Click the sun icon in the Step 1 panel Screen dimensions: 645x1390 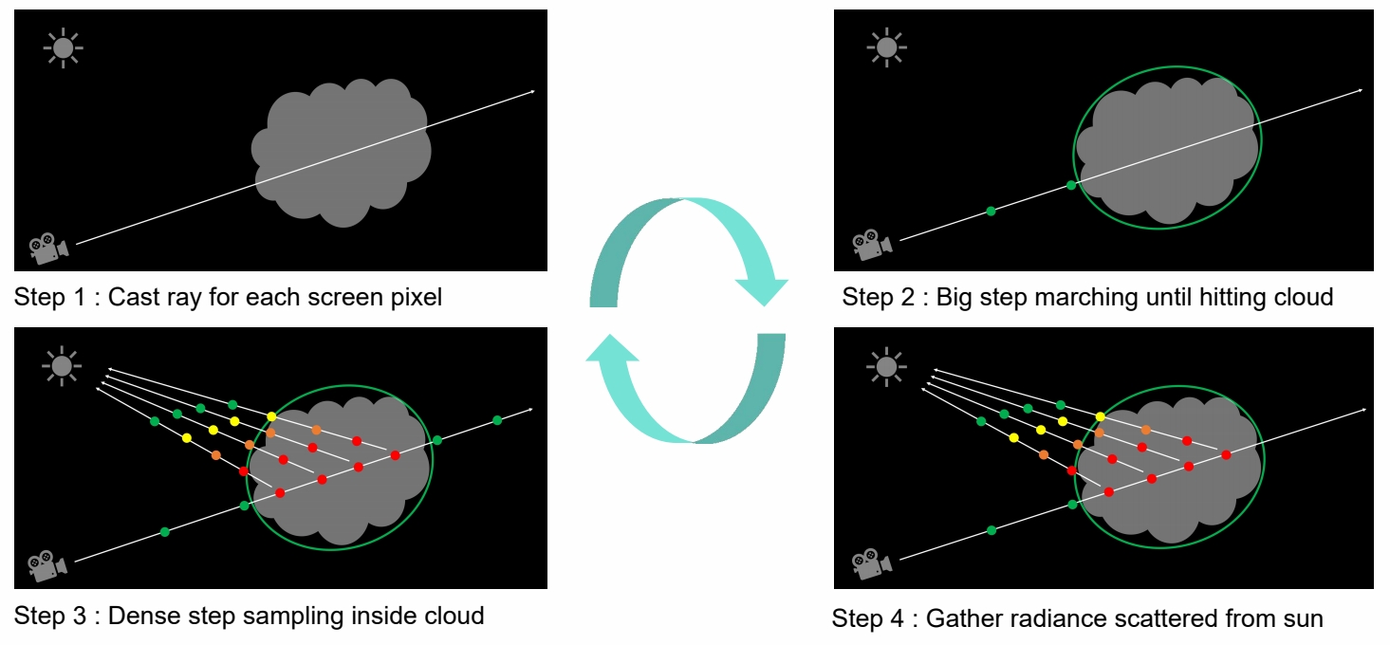click(x=64, y=47)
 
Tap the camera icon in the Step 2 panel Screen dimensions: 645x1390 click(x=871, y=244)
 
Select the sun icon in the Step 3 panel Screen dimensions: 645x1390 click(x=64, y=365)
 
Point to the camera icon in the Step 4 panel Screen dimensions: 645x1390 click(x=871, y=562)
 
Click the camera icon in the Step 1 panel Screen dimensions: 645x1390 click(x=48, y=248)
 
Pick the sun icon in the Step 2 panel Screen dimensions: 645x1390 click(x=886, y=47)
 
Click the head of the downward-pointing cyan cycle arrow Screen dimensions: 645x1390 click(x=762, y=287)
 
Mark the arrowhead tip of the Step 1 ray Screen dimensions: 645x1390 click(x=533, y=91)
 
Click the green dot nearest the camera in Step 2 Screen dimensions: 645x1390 click(x=992, y=211)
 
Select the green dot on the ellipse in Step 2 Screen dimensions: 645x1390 click(x=1072, y=185)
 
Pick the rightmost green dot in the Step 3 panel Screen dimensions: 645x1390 click(x=496, y=419)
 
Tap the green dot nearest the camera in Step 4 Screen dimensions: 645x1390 click(x=992, y=530)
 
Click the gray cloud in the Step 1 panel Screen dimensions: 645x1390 click(x=342, y=152)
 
